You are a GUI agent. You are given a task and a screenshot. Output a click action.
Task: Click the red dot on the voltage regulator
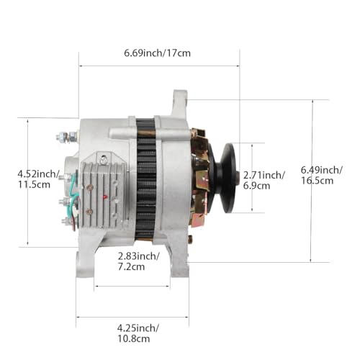tap(107, 194)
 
